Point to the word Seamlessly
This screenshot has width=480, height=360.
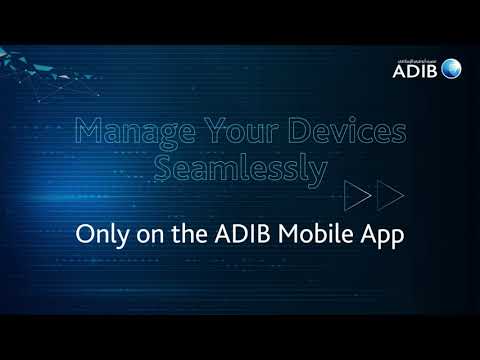click(x=241, y=170)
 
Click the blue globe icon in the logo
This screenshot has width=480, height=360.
click(x=453, y=68)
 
